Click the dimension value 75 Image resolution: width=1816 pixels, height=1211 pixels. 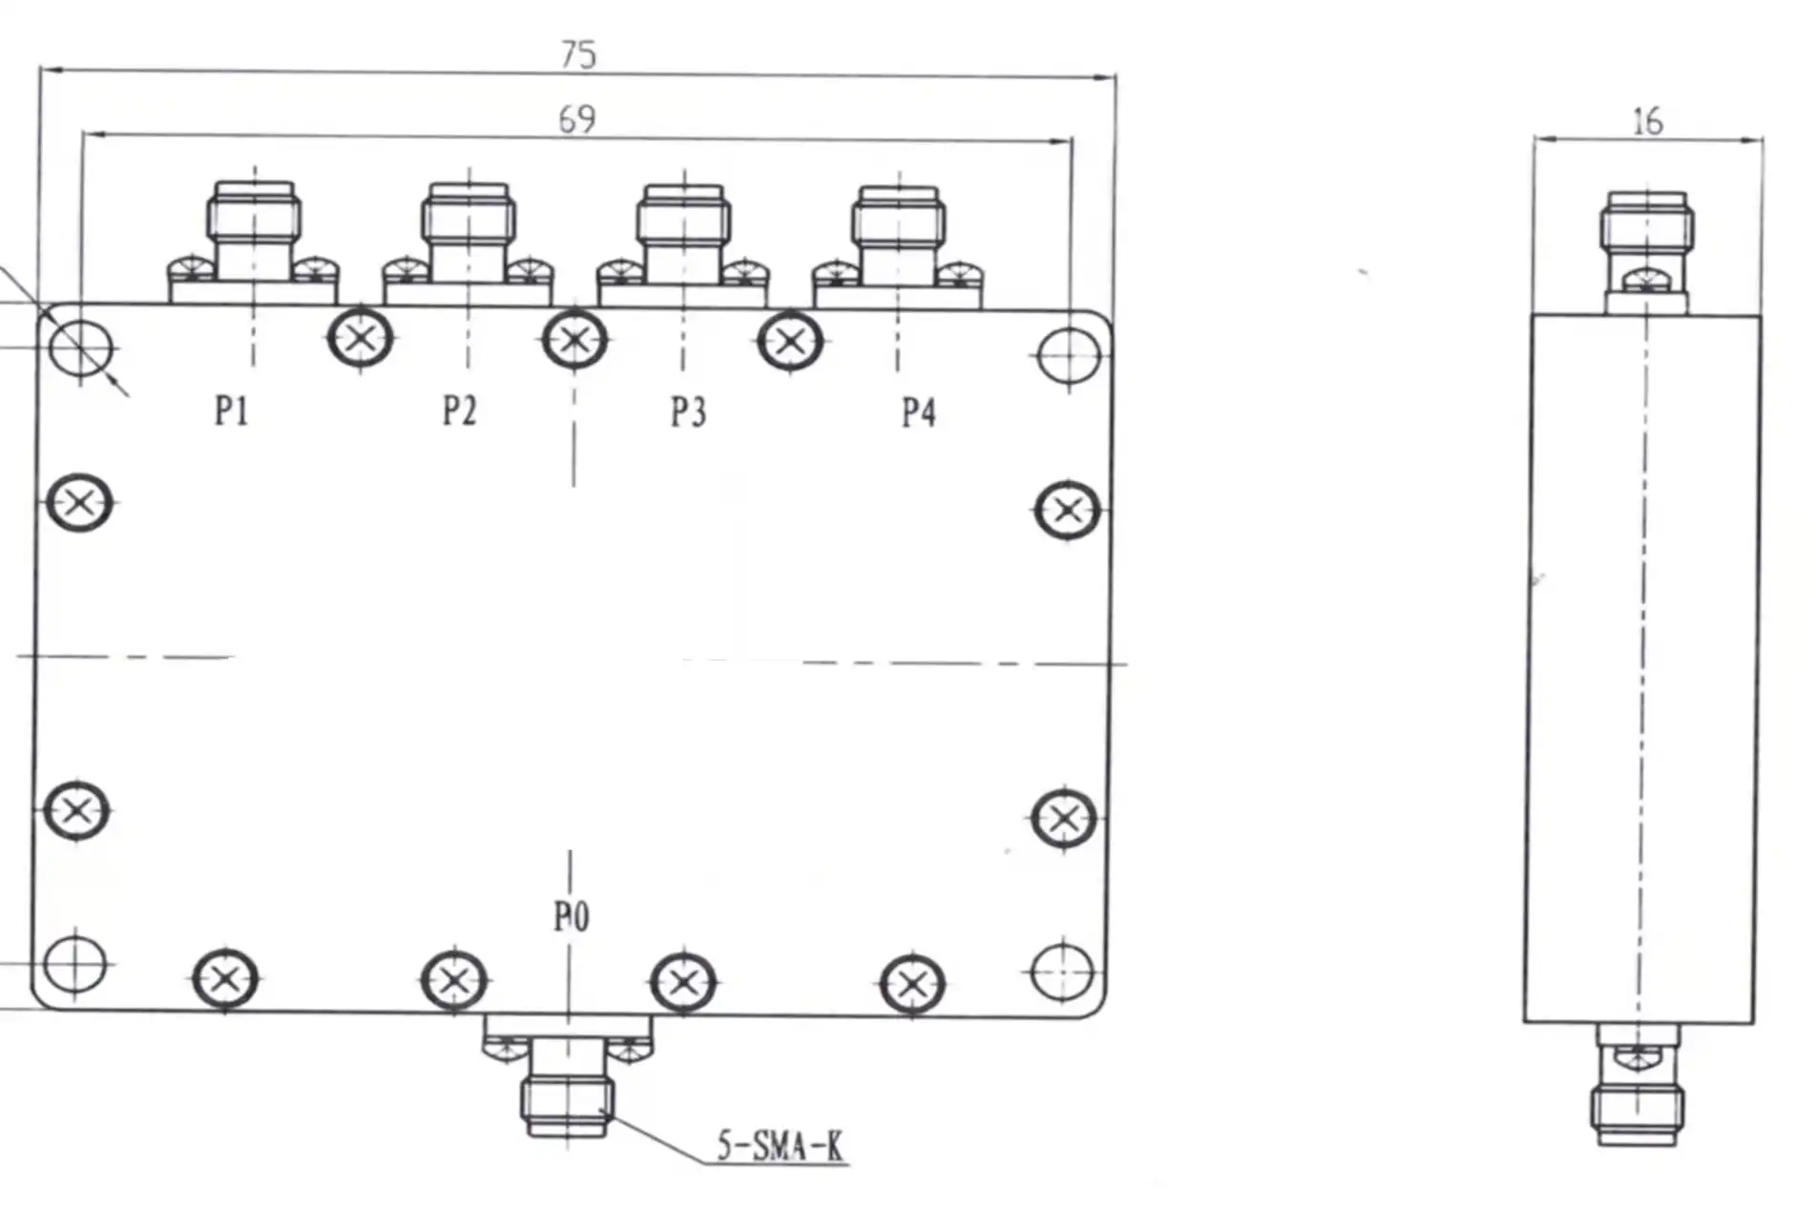tap(578, 54)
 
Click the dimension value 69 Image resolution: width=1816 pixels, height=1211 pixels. tap(576, 119)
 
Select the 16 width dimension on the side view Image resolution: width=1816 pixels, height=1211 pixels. tap(1647, 122)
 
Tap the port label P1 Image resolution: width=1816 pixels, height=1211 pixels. tap(232, 411)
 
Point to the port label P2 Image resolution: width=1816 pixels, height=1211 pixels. tap(459, 411)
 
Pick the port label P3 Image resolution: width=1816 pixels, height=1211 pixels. tap(688, 412)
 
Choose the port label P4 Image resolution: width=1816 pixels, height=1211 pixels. tap(918, 413)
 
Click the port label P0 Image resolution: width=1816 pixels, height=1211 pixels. tap(571, 917)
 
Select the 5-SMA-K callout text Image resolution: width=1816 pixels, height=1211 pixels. tap(780, 1145)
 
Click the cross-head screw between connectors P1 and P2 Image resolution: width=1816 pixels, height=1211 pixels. tap(360, 338)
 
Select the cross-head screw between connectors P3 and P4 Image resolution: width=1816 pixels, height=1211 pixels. tap(790, 341)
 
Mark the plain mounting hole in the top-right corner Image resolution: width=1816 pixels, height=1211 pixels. tap(1069, 356)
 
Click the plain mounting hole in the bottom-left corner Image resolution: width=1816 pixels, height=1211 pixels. tap(75, 964)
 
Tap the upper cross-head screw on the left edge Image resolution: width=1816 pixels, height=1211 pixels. tap(79, 503)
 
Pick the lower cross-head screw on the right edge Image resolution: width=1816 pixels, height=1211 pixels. tap(1063, 818)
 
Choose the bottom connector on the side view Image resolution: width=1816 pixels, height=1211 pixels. tap(1638, 1088)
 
